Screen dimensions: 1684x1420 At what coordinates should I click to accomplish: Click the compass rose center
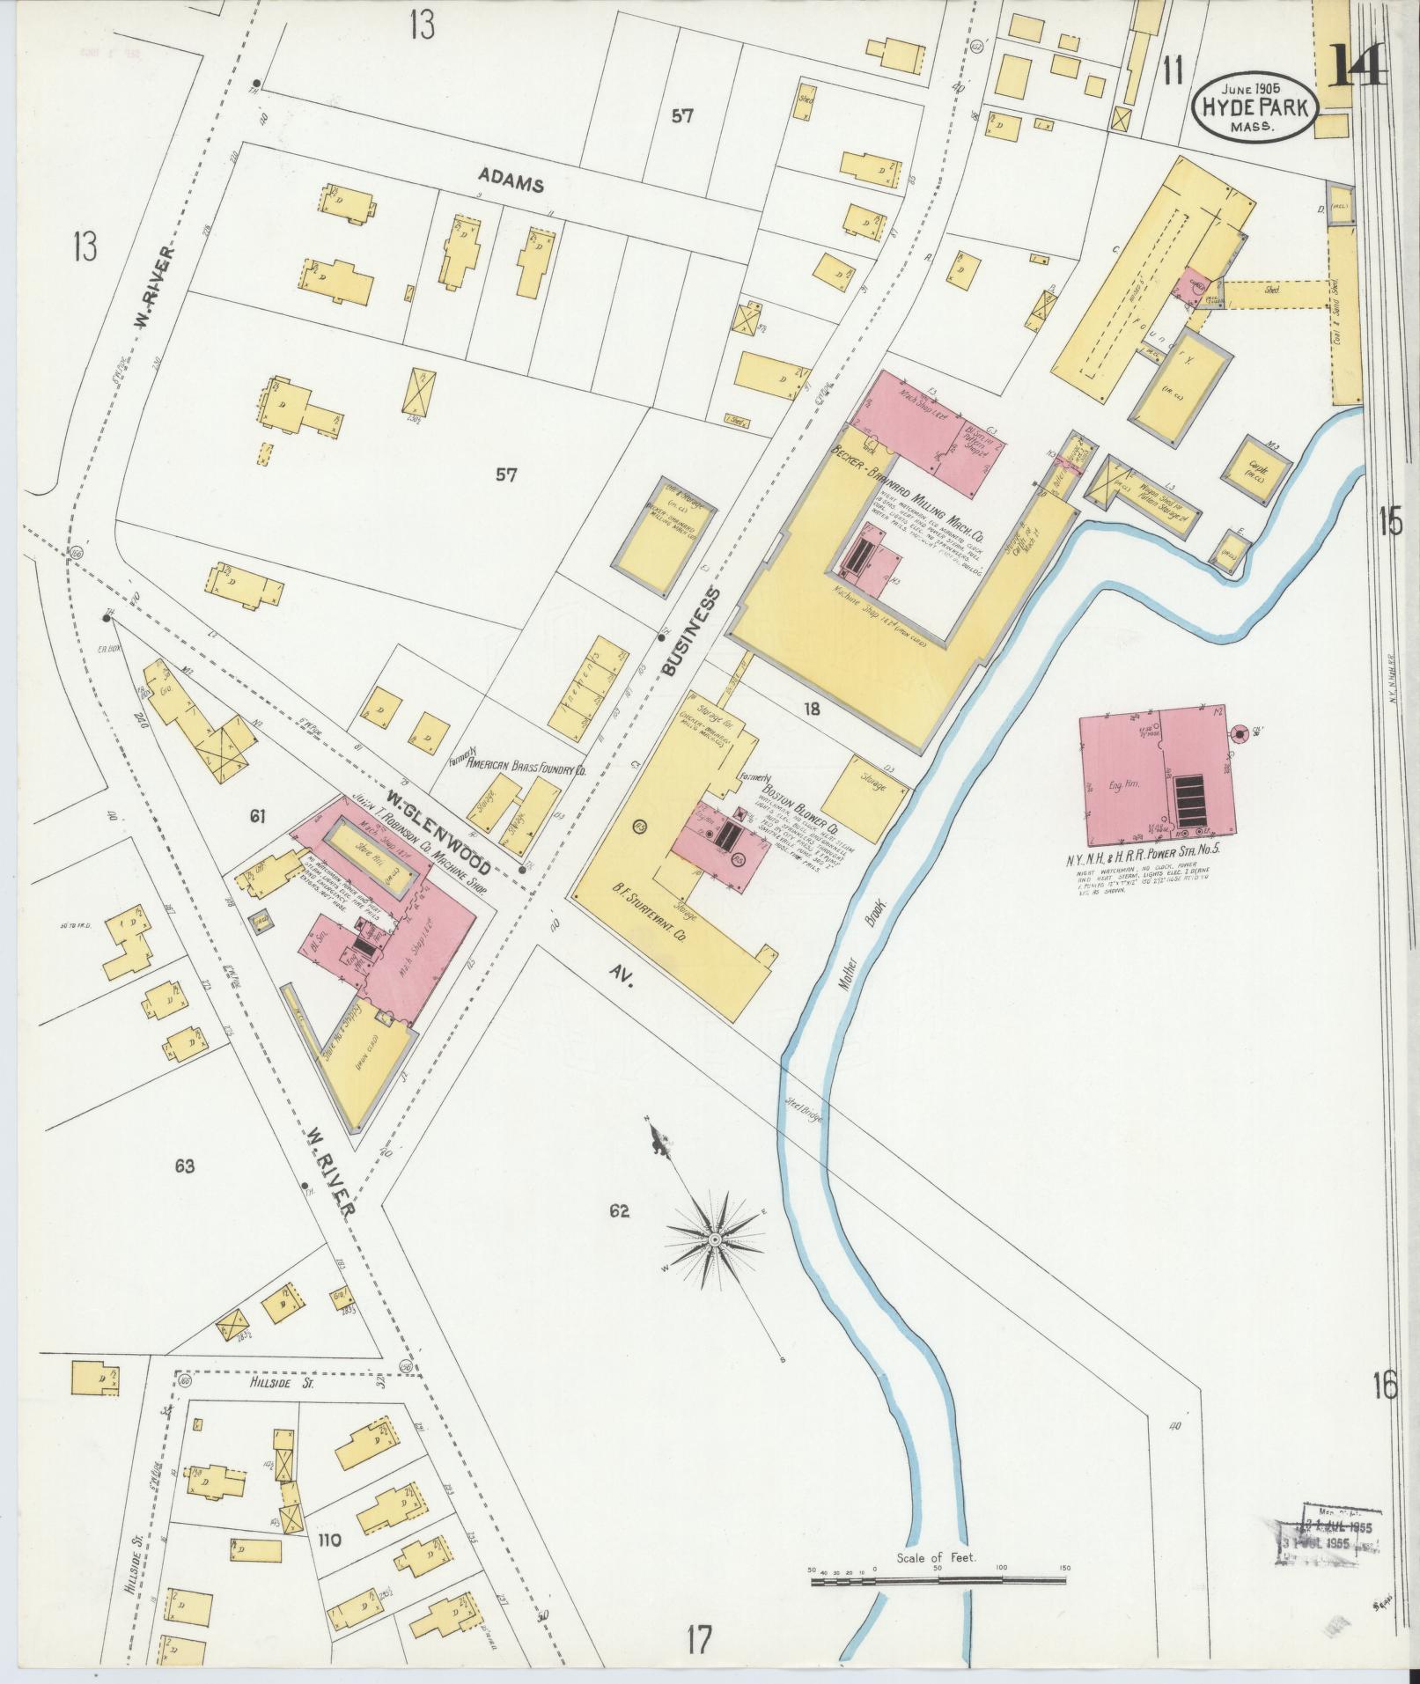click(715, 1239)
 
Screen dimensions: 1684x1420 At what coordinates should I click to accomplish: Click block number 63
click(184, 1167)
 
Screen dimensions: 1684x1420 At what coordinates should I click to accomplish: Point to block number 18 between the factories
click(811, 707)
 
